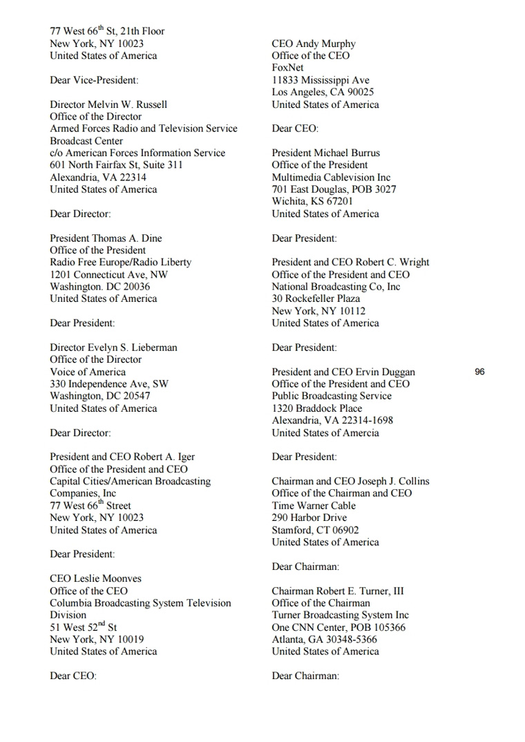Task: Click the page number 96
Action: point(480,372)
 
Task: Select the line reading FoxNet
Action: point(287,68)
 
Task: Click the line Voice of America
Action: point(88,372)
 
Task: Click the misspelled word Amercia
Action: point(361,433)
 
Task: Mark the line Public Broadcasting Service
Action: point(332,397)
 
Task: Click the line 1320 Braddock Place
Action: point(317,408)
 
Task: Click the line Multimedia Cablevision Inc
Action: point(331,178)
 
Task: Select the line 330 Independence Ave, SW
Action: point(109,384)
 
